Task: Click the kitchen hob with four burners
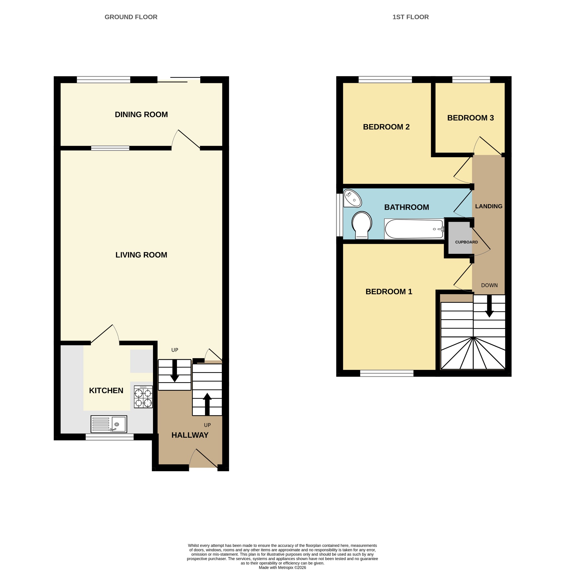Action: click(143, 397)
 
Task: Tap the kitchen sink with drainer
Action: click(109, 424)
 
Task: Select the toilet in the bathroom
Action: click(362, 225)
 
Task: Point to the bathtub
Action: click(414, 229)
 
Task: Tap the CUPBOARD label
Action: click(467, 242)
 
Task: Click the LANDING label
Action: click(488, 206)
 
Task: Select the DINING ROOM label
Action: click(141, 114)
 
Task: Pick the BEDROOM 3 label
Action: click(470, 118)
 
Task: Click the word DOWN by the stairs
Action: click(489, 285)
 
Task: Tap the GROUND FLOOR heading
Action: click(131, 17)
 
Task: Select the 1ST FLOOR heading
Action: click(411, 17)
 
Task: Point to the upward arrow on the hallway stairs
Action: click(207, 404)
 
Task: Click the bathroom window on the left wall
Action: click(340, 215)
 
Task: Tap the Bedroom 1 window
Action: click(387, 373)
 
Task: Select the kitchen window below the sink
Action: click(109, 437)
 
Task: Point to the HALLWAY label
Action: click(190, 435)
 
